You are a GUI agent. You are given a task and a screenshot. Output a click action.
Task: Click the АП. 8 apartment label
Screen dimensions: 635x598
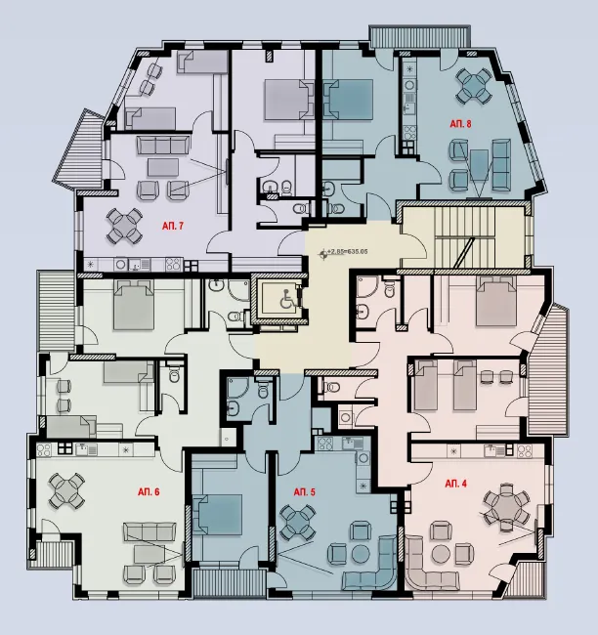click(460, 124)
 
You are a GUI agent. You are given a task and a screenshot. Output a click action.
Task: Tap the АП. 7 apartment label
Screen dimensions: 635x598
click(173, 225)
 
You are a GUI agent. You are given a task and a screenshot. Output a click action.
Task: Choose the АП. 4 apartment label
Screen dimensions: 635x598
click(456, 484)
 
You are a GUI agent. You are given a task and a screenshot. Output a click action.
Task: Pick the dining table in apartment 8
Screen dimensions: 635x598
click(476, 84)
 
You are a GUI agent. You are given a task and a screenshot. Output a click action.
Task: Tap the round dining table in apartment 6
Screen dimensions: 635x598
click(68, 487)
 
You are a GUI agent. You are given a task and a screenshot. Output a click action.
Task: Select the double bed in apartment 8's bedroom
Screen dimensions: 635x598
click(348, 98)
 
